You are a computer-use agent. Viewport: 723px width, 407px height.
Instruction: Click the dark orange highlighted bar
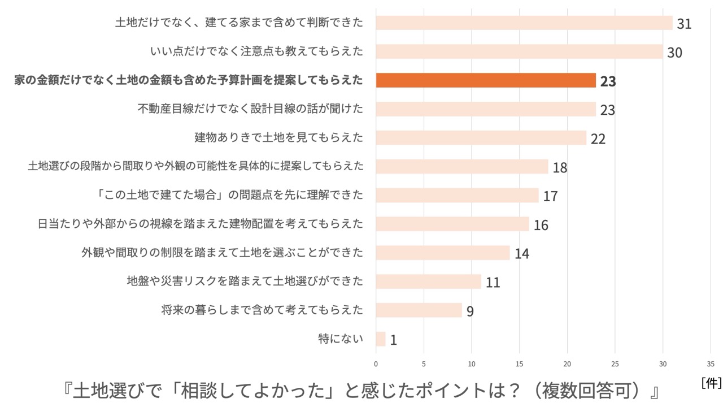coord(486,80)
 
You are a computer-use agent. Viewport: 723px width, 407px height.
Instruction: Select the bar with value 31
coord(524,23)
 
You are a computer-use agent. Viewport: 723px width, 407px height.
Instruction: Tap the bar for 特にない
coord(381,339)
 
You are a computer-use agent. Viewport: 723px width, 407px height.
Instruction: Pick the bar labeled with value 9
coord(419,310)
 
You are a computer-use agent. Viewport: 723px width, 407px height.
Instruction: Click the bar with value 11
coord(428,282)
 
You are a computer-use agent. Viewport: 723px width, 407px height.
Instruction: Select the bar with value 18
coord(462,167)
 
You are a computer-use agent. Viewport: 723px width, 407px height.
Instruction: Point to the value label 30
coord(674,53)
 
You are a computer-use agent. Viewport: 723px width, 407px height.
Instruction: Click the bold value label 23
coord(608,81)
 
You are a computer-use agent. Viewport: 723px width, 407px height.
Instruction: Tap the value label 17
coord(550,196)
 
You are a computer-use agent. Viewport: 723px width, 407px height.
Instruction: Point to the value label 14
coord(521,253)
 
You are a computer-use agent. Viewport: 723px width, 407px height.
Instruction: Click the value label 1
coord(393,340)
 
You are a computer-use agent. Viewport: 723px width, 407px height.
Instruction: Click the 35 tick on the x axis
coord(711,364)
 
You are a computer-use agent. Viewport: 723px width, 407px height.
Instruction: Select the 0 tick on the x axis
coord(376,364)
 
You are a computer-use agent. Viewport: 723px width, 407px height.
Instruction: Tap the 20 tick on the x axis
coord(567,364)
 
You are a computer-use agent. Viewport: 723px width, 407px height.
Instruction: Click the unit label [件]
coord(711,383)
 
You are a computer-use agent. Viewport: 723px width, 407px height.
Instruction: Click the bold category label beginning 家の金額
coord(189,80)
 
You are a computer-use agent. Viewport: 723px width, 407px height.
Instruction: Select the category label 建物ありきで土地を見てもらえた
coord(278,137)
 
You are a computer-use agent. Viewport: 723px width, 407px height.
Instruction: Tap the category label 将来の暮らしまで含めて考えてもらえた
coord(262,310)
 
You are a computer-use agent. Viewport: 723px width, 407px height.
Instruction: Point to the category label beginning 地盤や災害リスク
coord(245,281)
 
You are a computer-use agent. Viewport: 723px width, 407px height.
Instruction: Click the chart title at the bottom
coord(361,391)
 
